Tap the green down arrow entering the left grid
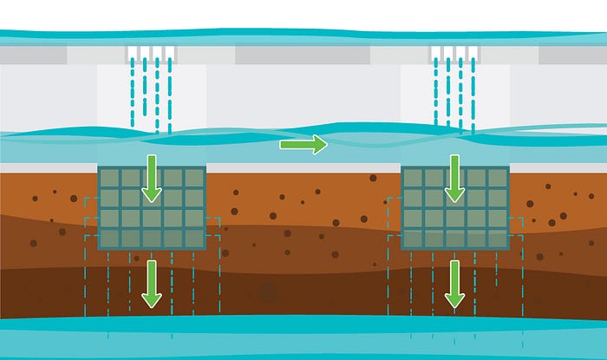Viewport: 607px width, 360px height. coord(152,178)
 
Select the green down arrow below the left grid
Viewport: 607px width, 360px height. coord(152,284)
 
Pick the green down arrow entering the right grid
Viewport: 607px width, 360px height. coord(454,178)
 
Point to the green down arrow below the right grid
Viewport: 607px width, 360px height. coord(454,284)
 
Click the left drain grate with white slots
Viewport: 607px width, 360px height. coord(151,52)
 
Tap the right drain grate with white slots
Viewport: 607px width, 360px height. coord(454,52)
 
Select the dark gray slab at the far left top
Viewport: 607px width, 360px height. coord(34,55)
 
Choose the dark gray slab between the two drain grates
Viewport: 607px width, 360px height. coord(303,55)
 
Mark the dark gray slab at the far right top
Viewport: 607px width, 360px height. coord(572,55)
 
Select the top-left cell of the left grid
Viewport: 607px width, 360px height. coord(109,178)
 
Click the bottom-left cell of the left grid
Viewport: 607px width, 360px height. coord(109,239)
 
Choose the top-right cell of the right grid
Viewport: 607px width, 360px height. coord(497,178)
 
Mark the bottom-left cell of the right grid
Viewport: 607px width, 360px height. coord(413,239)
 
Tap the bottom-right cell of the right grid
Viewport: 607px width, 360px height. coord(497,239)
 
